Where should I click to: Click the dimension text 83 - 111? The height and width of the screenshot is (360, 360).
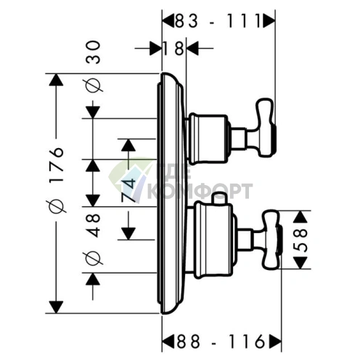[218, 21]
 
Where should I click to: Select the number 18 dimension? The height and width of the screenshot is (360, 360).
[174, 49]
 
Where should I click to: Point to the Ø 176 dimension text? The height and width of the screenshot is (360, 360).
[57, 180]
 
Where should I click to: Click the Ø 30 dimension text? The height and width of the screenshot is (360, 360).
[94, 67]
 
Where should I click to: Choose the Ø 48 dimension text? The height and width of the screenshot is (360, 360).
[94, 238]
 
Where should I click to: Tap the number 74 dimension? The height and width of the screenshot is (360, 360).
[128, 190]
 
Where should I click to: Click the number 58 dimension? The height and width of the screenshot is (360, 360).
[300, 240]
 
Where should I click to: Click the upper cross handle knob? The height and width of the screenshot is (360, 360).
[266, 128]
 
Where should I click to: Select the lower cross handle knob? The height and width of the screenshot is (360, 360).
[272, 240]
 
